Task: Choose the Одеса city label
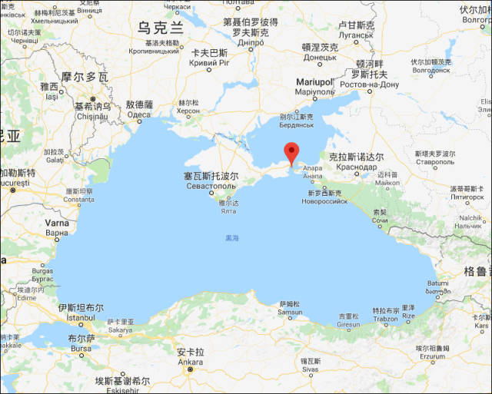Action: click(139, 114)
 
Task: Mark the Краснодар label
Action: click(356, 167)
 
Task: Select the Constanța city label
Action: click(78, 200)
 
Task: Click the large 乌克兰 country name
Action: click(161, 28)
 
